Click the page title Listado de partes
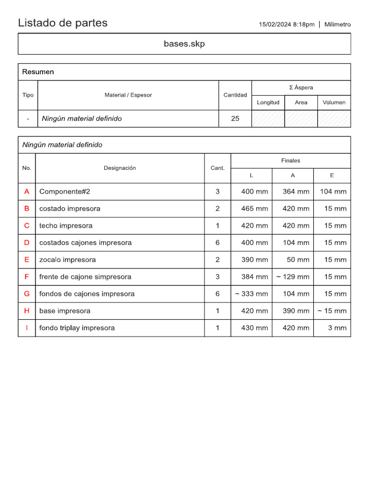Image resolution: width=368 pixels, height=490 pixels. pyautogui.click(x=63, y=23)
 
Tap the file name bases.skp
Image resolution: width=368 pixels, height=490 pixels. pyautogui.click(x=184, y=44)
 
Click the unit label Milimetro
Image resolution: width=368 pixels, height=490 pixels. pyautogui.click(x=337, y=24)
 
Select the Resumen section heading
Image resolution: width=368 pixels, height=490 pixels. pyautogui.click(x=38, y=72)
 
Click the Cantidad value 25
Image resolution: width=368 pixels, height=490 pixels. pyautogui.click(x=235, y=119)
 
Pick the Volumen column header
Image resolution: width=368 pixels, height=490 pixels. pyautogui.click(x=334, y=102)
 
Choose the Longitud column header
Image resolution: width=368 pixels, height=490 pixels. pyautogui.click(x=268, y=102)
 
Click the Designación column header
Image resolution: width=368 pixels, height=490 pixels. pyautogui.click(x=120, y=168)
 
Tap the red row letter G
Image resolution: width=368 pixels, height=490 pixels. pyautogui.click(x=27, y=294)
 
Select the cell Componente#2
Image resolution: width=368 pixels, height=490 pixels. pyautogui.click(x=65, y=191)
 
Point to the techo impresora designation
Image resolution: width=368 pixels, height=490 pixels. pyautogui.click(x=66, y=225)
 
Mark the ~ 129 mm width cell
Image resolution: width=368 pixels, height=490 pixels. pyautogui.click(x=292, y=277)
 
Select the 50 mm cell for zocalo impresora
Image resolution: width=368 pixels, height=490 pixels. pyautogui.click(x=297, y=260)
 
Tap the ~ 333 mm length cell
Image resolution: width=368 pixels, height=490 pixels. pyautogui.click(x=252, y=294)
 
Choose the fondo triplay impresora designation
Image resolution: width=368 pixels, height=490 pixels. pyautogui.click(x=77, y=328)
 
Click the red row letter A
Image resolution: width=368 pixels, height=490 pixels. pyautogui.click(x=27, y=191)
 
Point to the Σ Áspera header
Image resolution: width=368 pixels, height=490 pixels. pyautogui.click(x=301, y=88)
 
